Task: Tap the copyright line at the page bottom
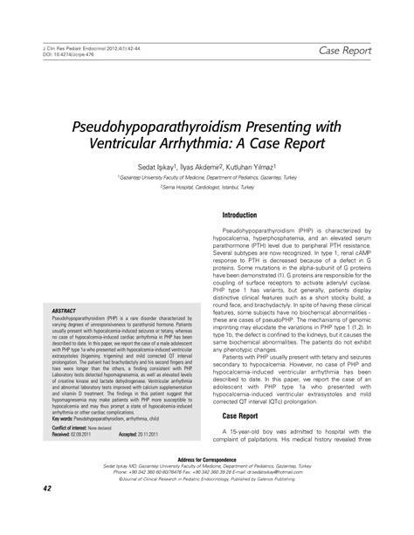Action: (x=207, y=505)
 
